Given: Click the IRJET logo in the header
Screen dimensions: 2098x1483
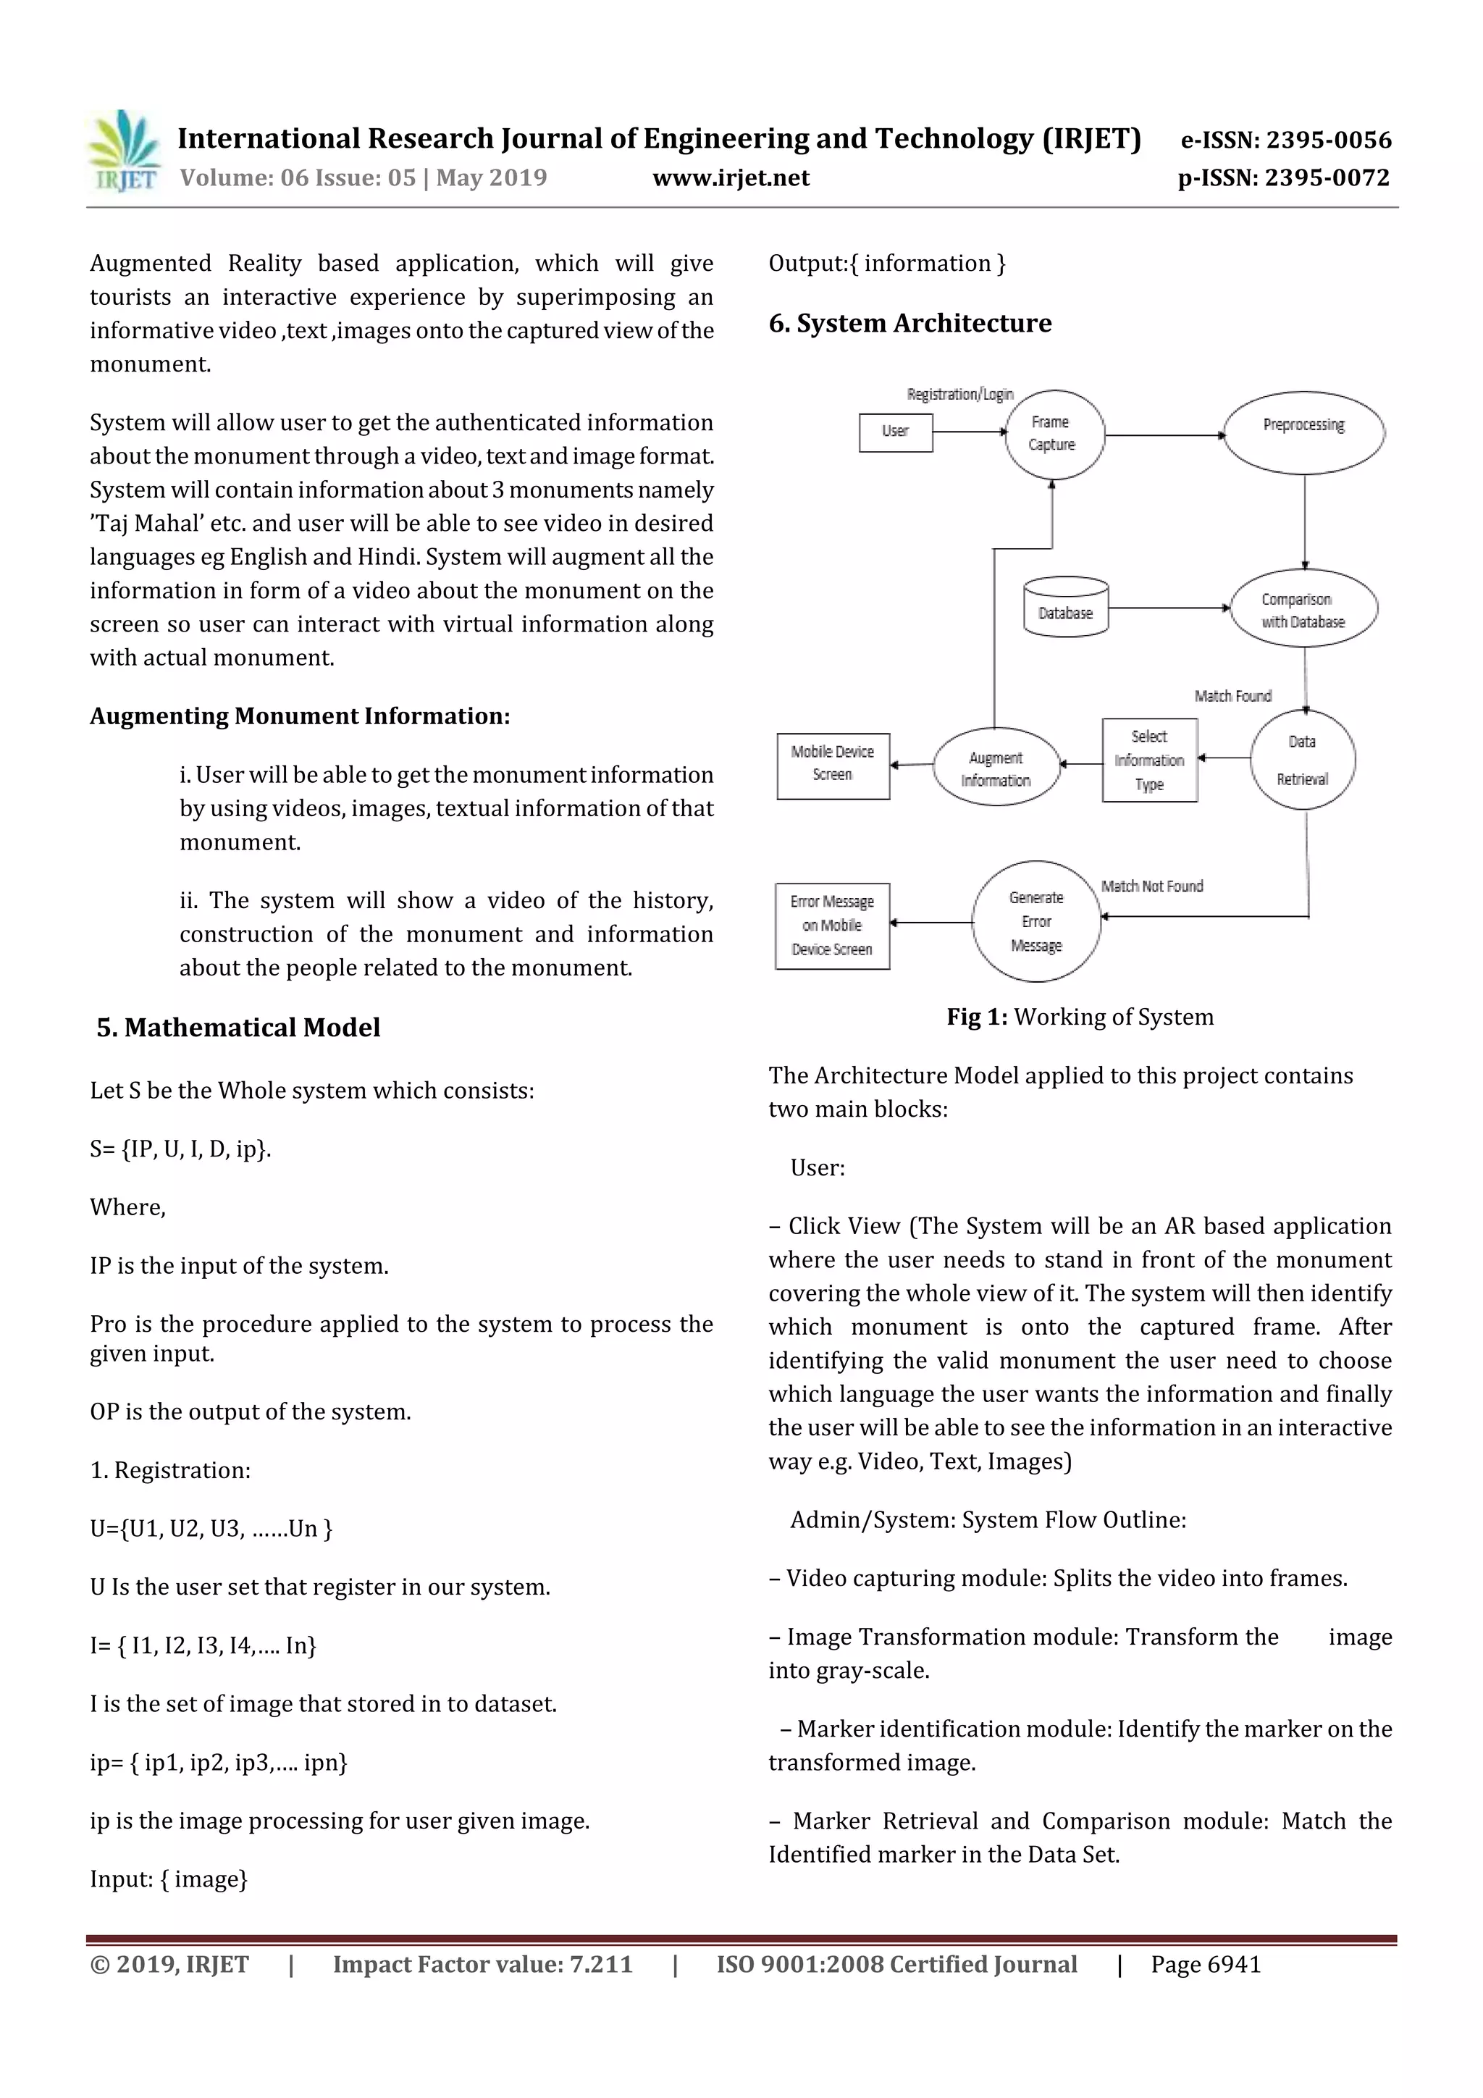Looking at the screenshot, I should pos(123,151).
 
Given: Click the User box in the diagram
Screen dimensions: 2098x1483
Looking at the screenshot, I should pos(896,432).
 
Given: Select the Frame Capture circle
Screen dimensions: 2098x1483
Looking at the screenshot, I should pos(1054,434).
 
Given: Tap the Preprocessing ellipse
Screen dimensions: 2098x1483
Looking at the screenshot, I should pos(1304,432).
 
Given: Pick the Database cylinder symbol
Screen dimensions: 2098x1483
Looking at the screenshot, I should pos(1065,606).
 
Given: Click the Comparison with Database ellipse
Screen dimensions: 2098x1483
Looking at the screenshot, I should pos(1304,608).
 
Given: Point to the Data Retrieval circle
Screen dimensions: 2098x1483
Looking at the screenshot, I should pos(1302,760).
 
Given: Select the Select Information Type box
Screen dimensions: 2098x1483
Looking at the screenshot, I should pos(1149,760).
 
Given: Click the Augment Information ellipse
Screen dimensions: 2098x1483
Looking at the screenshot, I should pos(996,768).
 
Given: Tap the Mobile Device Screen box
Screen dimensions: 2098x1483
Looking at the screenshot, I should pos(833,765).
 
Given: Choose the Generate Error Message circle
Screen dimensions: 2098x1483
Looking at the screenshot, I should pos(1036,921).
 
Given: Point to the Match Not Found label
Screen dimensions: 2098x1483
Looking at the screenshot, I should pos(1151,886).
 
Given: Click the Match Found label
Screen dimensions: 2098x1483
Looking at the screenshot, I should pos(1232,695).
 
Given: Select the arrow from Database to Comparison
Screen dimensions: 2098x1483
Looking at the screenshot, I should pos(1169,608).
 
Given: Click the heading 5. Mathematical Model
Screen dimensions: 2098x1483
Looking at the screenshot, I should pos(238,1027).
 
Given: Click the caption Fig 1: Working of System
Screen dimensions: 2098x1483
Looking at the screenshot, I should pos(1080,1016).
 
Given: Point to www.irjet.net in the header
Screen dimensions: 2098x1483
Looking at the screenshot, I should pos(731,177).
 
